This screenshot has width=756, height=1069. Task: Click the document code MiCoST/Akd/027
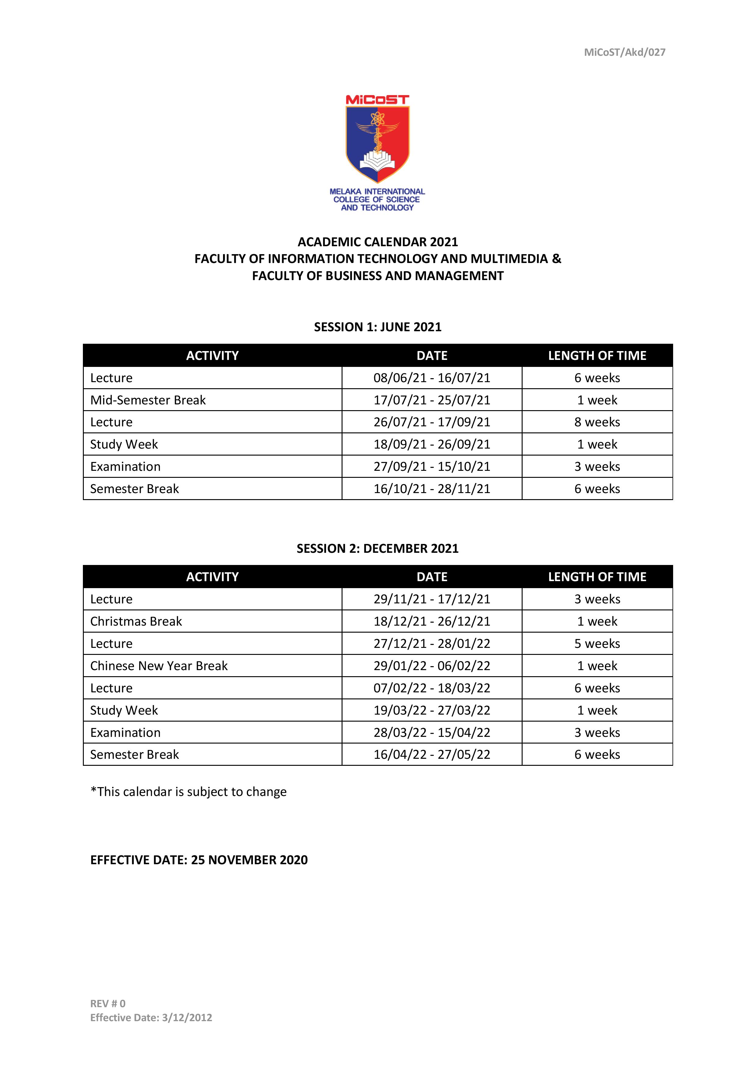624,52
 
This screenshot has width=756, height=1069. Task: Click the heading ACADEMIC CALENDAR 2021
378,242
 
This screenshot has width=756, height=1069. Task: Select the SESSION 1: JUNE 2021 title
378,327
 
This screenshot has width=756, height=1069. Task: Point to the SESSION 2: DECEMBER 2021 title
378,549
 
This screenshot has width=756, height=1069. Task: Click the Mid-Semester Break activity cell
148,400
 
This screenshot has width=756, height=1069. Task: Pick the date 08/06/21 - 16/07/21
431,378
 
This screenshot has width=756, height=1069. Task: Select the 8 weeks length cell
597,422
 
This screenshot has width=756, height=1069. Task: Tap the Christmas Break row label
136,621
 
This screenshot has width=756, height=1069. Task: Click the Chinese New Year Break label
159,666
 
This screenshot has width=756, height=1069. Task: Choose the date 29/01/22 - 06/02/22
431,666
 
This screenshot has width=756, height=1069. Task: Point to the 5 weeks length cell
597,644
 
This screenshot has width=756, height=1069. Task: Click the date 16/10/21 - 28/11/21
431,489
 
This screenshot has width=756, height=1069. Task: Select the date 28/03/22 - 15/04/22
431,732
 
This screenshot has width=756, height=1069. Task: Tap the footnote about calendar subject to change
189,791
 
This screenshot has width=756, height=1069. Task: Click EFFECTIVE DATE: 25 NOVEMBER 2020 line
199,860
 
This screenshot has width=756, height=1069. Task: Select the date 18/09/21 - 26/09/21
431,444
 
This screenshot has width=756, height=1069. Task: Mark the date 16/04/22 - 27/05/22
431,754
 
